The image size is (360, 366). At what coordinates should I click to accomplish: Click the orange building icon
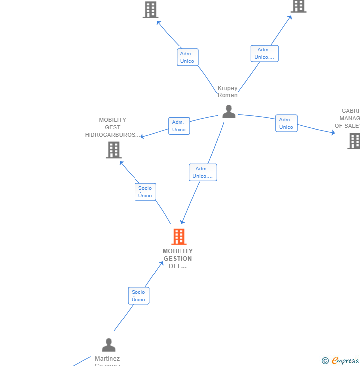click(x=179, y=237)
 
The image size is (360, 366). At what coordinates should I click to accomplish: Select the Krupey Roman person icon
click(x=228, y=112)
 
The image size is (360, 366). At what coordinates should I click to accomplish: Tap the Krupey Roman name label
click(x=227, y=91)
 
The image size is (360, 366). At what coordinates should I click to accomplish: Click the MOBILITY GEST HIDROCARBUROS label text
click(x=112, y=127)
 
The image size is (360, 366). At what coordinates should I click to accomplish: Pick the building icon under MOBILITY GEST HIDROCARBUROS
click(x=114, y=150)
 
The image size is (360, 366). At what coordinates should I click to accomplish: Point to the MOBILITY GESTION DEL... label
click(x=178, y=258)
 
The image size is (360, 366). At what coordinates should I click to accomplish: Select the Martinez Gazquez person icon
click(x=109, y=345)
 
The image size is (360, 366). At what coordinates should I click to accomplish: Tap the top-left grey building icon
click(x=150, y=9)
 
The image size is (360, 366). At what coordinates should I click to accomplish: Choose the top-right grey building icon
click(x=298, y=6)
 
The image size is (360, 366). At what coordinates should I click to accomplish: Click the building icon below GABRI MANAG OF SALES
click(x=354, y=140)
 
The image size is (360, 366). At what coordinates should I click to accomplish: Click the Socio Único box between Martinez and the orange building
click(x=138, y=296)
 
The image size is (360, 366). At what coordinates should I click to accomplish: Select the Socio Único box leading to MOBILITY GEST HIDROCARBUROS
click(x=145, y=192)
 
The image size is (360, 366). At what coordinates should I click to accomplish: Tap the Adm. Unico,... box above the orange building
click(x=203, y=172)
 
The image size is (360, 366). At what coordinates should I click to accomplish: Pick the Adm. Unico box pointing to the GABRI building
click(x=286, y=123)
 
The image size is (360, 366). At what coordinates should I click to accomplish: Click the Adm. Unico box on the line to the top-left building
click(x=187, y=57)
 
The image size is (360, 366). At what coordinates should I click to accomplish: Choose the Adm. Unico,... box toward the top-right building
click(x=265, y=53)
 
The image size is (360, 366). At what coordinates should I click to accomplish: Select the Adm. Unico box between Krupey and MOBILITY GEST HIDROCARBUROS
click(x=179, y=126)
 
